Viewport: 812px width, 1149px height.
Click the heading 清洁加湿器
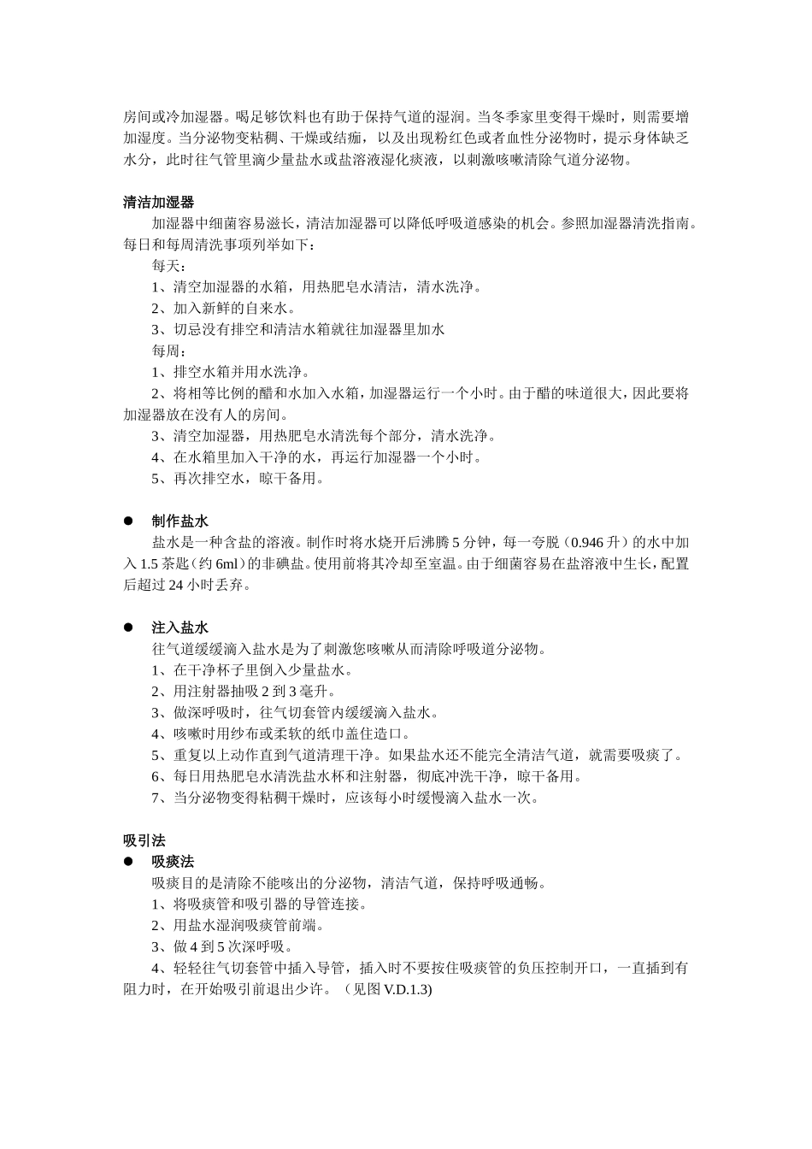(158, 203)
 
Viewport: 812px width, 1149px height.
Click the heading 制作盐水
(179, 521)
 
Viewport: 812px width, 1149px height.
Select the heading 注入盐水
(179, 628)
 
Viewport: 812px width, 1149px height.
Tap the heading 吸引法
(144, 840)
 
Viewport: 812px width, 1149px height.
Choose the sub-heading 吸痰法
(173, 862)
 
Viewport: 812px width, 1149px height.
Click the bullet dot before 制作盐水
(129, 521)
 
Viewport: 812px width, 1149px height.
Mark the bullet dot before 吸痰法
(129, 862)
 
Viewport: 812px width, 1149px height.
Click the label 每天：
(168, 266)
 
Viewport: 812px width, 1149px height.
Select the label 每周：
(168, 351)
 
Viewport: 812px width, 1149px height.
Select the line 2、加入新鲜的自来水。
(224, 309)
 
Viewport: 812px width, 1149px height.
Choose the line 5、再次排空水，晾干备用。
(238, 479)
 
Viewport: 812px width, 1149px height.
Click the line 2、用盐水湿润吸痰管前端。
(238, 926)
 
